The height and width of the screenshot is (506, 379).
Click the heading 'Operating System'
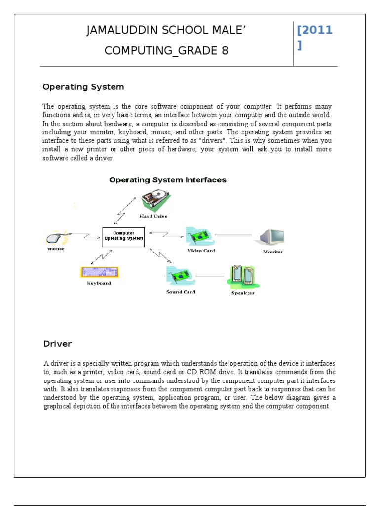point(83,87)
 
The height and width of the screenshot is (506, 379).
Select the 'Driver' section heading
point(57,344)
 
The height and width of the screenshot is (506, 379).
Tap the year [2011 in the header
point(314,31)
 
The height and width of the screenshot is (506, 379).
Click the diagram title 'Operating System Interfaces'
point(168,180)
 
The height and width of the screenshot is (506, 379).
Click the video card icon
point(199,236)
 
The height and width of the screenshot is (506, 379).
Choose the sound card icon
point(180,277)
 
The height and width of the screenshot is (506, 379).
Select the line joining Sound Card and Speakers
point(210,276)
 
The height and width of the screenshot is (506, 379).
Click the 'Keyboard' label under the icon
point(99,284)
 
